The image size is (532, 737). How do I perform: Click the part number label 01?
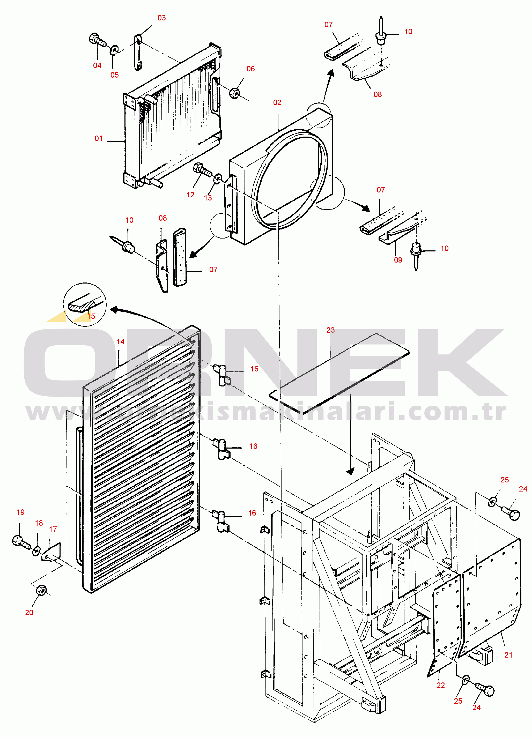click(99, 138)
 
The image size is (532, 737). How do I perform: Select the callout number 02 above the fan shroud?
click(277, 103)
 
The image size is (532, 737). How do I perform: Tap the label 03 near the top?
click(161, 18)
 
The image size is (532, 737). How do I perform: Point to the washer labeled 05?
click(114, 50)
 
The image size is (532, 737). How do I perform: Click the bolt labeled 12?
click(202, 169)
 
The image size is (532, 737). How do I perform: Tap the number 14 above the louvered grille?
click(120, 342)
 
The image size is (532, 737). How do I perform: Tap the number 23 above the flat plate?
click(330, 330)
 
